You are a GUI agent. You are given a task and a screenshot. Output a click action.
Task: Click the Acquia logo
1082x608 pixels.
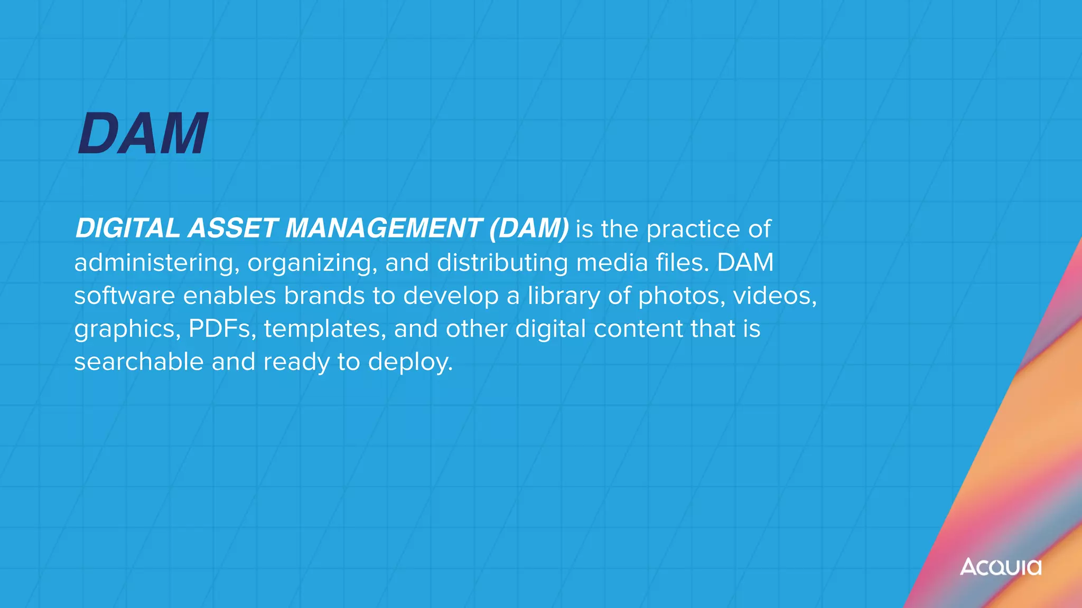click(x=1000, y=567)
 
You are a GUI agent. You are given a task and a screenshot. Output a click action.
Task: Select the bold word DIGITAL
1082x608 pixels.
click(x=128, y=229)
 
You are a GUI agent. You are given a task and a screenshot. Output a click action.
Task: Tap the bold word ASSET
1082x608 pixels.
click(x=232, y=229)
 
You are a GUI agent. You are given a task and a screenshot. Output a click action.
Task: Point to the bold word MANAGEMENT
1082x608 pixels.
click(x=384, y=229)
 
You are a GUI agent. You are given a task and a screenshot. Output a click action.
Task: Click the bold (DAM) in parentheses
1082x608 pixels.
click(x=529, y=229)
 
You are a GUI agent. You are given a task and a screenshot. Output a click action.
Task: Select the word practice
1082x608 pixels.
click(x=693, y=230)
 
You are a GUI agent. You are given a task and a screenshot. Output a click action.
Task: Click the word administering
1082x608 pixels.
click(x=153, y=263)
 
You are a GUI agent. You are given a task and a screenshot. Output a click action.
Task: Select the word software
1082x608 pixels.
click(x=124, y=296)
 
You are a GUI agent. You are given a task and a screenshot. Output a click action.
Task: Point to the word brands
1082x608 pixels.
click(x=324, y=296)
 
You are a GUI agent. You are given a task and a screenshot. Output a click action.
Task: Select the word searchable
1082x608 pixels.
click(x=138, y=362)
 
